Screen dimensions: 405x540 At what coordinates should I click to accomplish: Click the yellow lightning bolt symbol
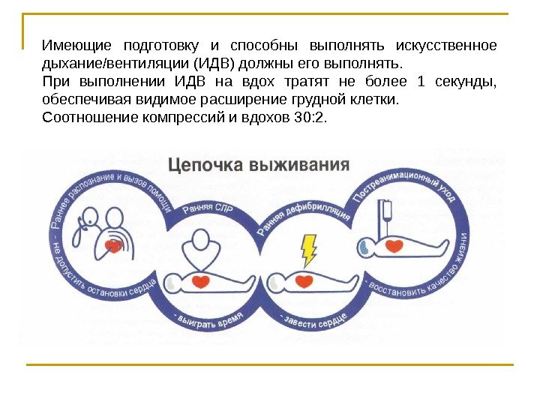point(308,248)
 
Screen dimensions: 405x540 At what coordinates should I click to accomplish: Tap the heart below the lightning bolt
point(304,281)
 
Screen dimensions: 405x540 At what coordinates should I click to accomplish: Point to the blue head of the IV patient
point(365,245)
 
